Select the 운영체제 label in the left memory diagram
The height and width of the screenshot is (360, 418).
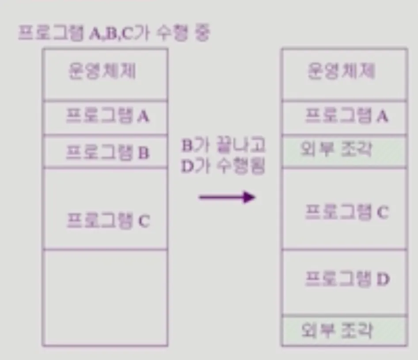tap(102, 71)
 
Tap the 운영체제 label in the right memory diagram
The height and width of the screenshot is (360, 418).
tap(342, 71)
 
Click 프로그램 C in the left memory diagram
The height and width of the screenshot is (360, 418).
tap(108, 220)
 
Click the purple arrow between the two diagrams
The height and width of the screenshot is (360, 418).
tap(227, 197)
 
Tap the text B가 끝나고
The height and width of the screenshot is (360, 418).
tap(224, 146)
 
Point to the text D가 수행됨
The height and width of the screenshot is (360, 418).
tap(224, 168)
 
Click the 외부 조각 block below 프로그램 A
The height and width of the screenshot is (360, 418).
tap(344, 151)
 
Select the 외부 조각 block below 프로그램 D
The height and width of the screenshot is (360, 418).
tap(344, 330)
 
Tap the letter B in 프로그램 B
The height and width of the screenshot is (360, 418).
tap(143, 153)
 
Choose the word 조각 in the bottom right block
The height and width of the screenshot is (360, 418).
tap(358, 330)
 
